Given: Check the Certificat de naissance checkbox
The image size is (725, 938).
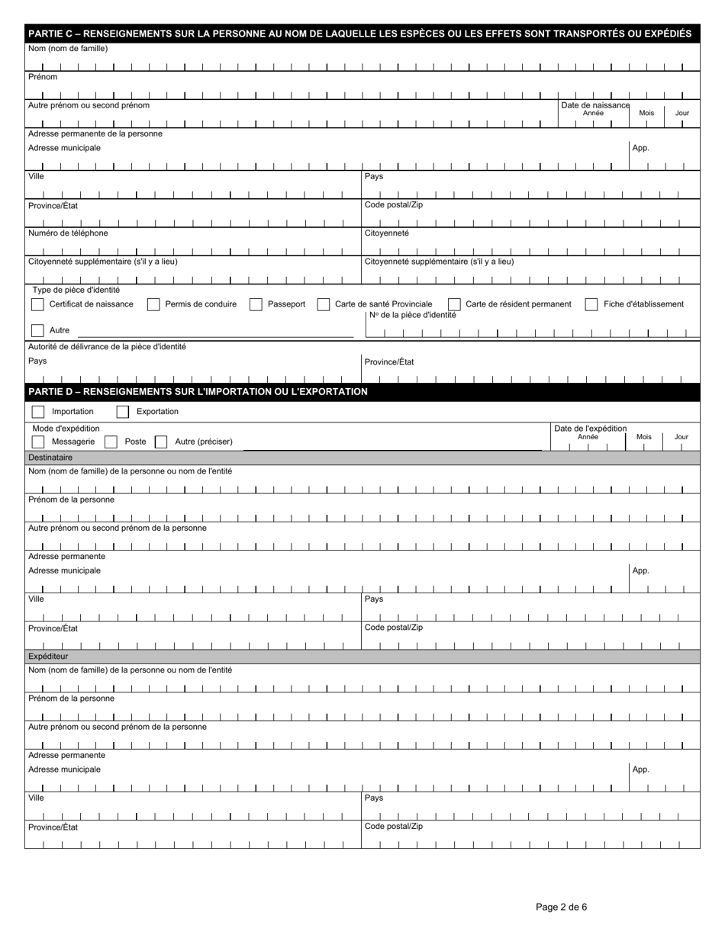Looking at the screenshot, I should pyautogui.click(x=37, y=304).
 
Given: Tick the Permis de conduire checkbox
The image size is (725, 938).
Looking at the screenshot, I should pyautogui.click(x=153, y=304).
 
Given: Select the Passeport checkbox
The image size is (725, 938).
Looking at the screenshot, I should pyautogui.click(x=256, y=304).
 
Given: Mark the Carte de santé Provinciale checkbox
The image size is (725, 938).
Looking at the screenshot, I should pyautogui.click(x=324, y=304).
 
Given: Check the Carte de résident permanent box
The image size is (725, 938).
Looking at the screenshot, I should pyautogui.click(x=454, y=304).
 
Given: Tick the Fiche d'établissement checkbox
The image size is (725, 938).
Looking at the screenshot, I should pyautogui.click(x=591, y=304).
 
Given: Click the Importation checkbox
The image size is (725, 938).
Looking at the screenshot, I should pyautogui.click(x=37, y=412).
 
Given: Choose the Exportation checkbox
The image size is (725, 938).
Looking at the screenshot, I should pyautogui.click(x=122, y=412).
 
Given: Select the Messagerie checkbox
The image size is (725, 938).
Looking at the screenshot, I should pyautogui.click(x=37, y=442).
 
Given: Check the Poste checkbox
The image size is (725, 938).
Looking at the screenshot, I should pyautogui.click(x=111, y=442).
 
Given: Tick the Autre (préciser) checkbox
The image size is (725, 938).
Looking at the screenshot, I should pyautogui.click(x=160, y=442).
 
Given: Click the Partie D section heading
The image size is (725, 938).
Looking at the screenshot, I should pyautogui.click(x=198, y=392).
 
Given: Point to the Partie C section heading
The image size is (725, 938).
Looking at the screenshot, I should pyautogui.click(x=359, y=34).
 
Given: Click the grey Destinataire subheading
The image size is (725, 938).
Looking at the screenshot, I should pyautogui.click(x=50, y=458).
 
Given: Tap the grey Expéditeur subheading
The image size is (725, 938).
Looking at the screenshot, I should pyautogui.click(x=48, y=656).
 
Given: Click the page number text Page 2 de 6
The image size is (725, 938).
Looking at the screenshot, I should pyautogui.click(x=561, y=907).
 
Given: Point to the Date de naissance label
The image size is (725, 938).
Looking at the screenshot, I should pyautogui.click(x=595, y=105).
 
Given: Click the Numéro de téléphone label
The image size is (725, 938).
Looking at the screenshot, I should pyautogui.click(x=68, y=233).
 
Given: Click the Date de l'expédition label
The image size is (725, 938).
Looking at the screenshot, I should pyautogui.click(x=590, y=429).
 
